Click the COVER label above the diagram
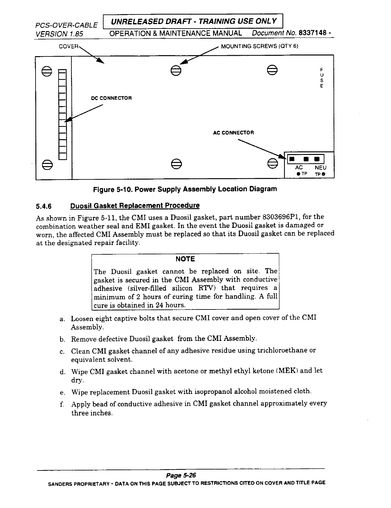pos(69,46)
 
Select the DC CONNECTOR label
pos(111,98)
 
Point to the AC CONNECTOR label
pos(233,132)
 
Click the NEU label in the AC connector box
pos(320,168)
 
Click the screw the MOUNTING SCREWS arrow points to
pos(175,70)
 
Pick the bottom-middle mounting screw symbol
pos(175,164)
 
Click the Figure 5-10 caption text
pos(185,189)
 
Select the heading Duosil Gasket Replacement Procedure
pos(135,206)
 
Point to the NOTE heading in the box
pos(185,259)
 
